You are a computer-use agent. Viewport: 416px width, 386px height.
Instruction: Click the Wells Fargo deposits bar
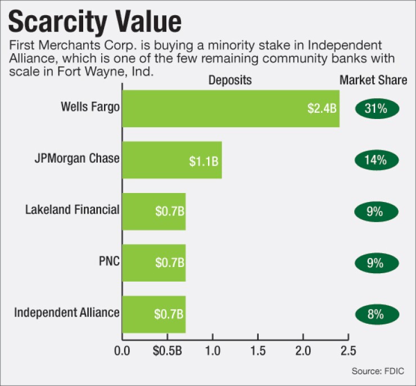point(230,108)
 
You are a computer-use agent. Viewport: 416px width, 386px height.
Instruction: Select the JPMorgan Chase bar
point(172,160)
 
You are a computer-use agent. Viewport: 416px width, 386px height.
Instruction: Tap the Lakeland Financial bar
point(153,212)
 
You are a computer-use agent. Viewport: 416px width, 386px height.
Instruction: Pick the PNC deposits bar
point(153,263)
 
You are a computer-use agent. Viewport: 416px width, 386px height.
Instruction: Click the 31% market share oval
point(376,108)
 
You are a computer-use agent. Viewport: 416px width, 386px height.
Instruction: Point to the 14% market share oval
point(376,160)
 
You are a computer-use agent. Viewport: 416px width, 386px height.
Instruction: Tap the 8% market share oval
point(376,314)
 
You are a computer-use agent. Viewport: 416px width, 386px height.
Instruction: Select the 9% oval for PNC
point(376,263)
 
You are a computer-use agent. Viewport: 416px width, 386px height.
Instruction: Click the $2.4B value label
point(322,108)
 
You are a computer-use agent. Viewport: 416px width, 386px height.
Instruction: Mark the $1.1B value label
point(204,163)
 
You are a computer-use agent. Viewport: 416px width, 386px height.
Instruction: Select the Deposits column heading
point(230,81)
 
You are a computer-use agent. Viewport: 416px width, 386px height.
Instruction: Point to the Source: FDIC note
point(378,371)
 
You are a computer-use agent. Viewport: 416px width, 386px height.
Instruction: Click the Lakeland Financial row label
point(73,210)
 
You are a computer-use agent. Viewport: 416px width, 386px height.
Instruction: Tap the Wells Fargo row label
point(91,107)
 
